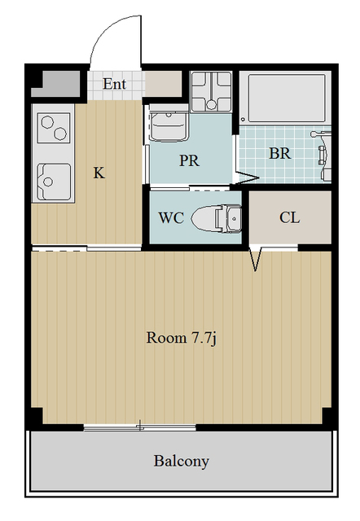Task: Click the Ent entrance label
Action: pos(114,84)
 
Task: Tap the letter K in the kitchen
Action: pos(99,173)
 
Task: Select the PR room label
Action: pos(189,160)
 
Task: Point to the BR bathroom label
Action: pos(279,154)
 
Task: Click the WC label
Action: pos(171,217)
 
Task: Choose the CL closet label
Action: pos(289,217)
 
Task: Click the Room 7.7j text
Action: pos(182,338)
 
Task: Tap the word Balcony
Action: pos(182,462)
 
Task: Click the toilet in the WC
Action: pos(217,219)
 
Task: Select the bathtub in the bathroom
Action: pos(286,98)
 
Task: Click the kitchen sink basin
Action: pos(54,182)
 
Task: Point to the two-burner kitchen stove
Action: pos(54,128)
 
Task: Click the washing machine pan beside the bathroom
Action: pos(211,91)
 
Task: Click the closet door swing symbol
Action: pos(255,259)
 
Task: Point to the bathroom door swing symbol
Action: pos(246,177)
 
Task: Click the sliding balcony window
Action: pos(139,427)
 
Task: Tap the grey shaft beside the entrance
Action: pos(56,84)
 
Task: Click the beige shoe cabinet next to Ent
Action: pos(163,84)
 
